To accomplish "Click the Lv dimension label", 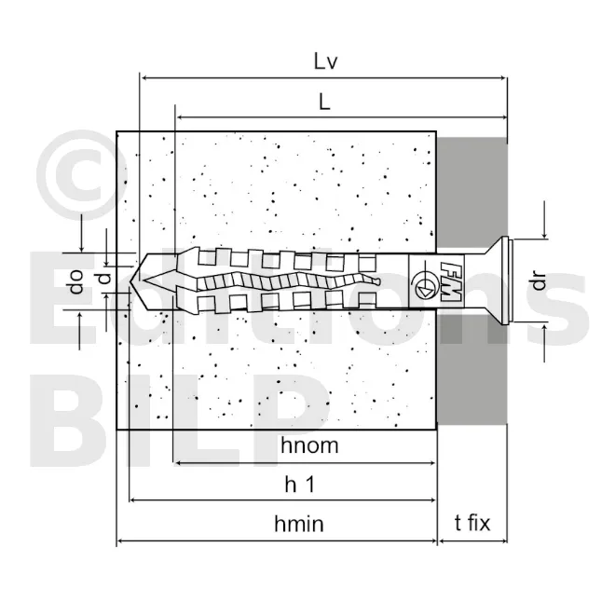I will pos(325,62).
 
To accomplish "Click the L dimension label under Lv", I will pos(324,103).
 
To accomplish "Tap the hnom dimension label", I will pos(308,445).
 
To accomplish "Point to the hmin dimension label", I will pos(298,524).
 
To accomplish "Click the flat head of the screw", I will pos(504,280).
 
